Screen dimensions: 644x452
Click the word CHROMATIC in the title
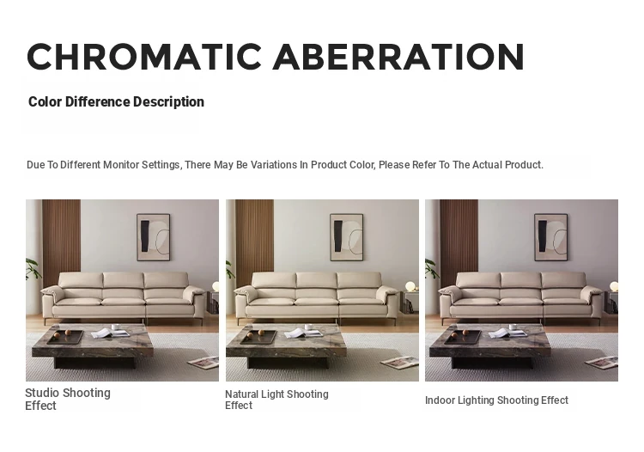(x=144, y=57)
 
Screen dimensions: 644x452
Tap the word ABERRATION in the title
(x=398, y=57)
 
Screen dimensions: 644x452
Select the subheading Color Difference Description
(x=116, y=102)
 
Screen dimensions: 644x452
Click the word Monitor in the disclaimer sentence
(x=121, y=165)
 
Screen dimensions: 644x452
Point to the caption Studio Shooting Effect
(x=68, y=399)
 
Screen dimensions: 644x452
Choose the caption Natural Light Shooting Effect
(x=276, y=400)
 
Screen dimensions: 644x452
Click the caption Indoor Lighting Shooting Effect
(x=496, y=400)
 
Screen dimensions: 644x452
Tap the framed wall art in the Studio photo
(x=153, y=237)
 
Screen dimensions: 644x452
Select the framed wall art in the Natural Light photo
(x=347, y=237)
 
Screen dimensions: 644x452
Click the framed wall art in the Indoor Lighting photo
(x=550, y=237)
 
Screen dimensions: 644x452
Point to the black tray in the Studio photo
(x=65, y=337)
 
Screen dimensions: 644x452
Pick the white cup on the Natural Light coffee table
(x=308, y=327)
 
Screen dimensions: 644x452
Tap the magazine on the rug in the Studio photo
(x=204, y=363)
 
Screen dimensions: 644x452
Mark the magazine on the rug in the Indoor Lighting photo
(x=601, y=363)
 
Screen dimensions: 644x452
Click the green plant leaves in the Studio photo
(x=33, y=269)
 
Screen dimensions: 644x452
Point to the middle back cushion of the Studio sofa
(x=123, y=280)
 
